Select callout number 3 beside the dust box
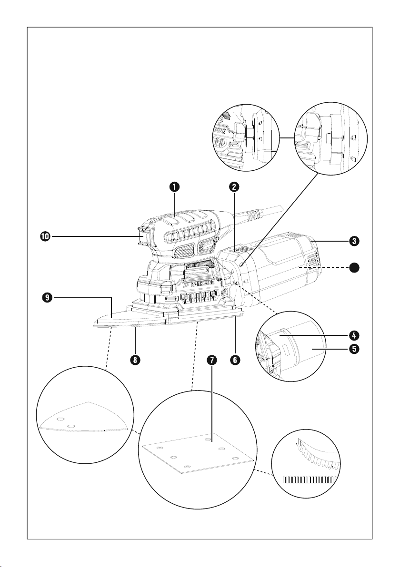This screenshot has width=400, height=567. coord(354,241)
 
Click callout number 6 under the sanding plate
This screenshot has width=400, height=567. coord(235,361)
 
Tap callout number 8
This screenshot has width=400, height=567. coord(136,361)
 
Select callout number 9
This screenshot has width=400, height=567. coord(46,298)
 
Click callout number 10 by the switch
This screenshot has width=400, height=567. coord(46,235)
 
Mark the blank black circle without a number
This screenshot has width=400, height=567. coord(354,268)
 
